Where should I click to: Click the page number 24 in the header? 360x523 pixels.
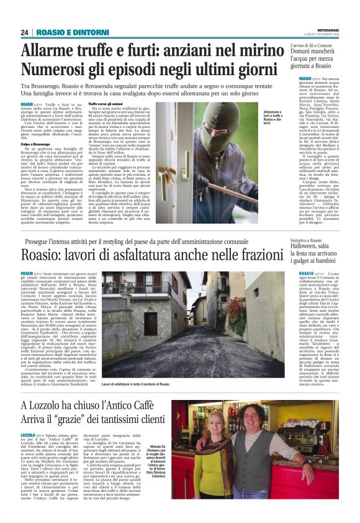coord(25,32)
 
